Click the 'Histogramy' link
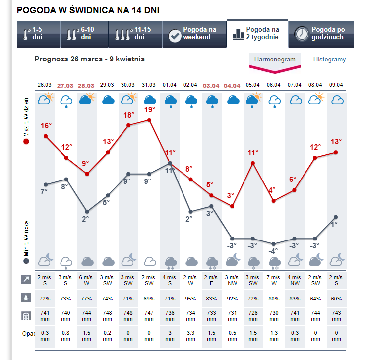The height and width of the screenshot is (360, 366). tap(329, 60)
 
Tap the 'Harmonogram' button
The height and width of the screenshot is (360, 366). tap(274, 60)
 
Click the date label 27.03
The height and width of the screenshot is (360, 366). tap(66, 85)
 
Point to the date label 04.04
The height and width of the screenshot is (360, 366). tap(232, 85)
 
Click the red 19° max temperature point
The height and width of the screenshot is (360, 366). tap(149, 120)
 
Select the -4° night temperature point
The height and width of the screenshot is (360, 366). tap(273, 243)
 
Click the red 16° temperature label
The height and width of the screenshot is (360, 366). tap(46, 125)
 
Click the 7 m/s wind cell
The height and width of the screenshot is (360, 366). tap(273, 280)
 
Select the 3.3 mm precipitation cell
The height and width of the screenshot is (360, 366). tap(191, 336)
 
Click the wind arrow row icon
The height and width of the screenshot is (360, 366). tap(26, 280)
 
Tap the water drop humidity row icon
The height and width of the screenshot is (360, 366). tap(26, 298)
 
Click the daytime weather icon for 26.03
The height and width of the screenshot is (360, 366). tap(46, 99)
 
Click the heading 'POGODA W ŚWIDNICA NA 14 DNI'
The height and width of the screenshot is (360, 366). tap(89, 10)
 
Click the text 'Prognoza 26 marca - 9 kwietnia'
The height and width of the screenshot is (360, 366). tap(90, 59)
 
